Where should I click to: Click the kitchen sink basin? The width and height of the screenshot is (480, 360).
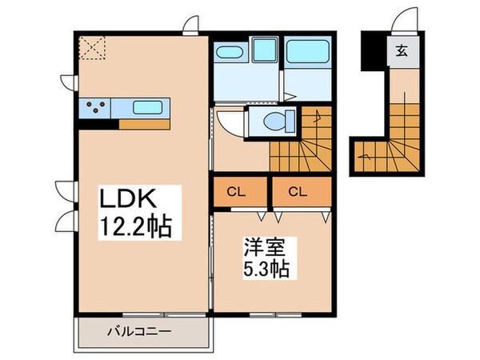click(146, 106)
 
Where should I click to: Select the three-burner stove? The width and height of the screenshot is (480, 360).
click(96, 106)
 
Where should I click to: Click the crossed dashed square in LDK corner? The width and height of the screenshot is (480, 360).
click(93, 48)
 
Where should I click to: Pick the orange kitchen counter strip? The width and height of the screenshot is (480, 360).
click(145, 124)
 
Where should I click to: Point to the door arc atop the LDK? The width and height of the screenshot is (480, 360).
click(190, 26)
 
